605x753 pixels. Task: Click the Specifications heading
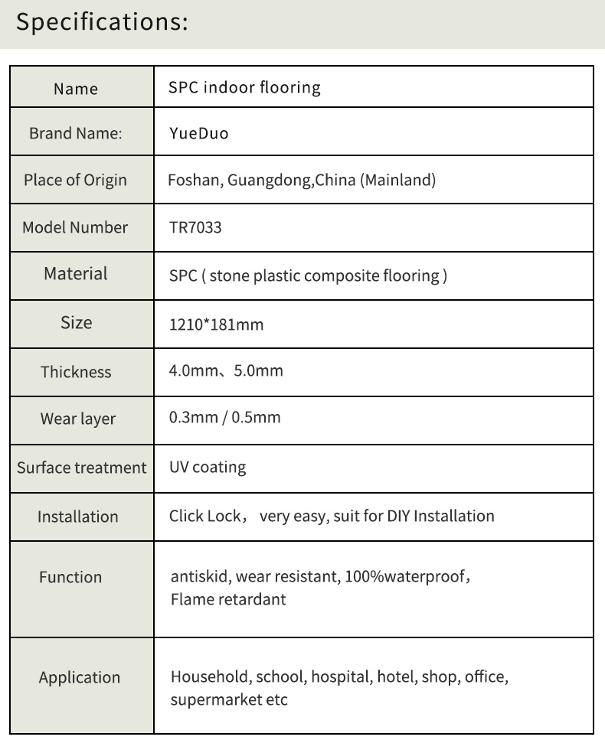(102, 23)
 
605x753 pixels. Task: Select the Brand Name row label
(76, 134)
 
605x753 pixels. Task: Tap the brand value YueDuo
(199, 134)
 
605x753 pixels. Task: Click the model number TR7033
(195, 227)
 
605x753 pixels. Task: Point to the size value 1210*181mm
(216, 324)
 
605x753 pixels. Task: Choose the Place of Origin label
(75, 181)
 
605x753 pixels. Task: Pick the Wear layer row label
(78, 419)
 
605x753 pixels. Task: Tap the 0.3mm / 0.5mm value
(224, 418)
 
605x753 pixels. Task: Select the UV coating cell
(208, 467)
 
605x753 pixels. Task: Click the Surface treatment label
(81, 468)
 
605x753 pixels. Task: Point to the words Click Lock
(205, 516)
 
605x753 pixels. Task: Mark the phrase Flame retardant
(228, 599)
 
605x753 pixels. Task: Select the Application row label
(80, 678)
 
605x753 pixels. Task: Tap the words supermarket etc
(228, 700)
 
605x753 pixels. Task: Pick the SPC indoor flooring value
(244, 87)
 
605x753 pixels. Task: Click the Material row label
(76, 274)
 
